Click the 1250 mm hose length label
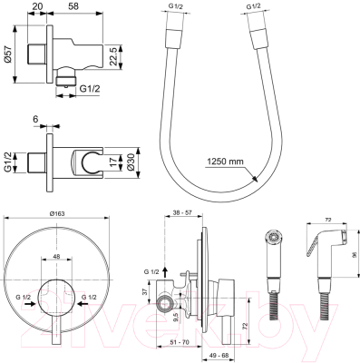(250, 162)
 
